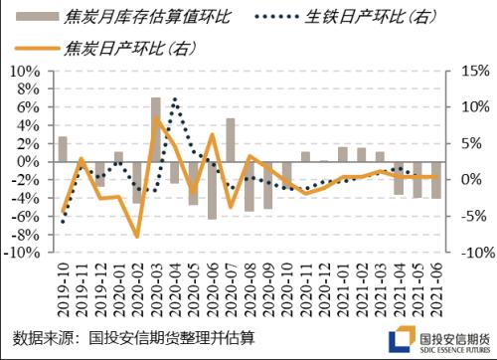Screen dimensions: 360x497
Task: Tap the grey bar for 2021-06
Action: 435,180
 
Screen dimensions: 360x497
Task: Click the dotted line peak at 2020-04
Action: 175,98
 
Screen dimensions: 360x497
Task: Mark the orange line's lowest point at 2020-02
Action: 138,237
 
